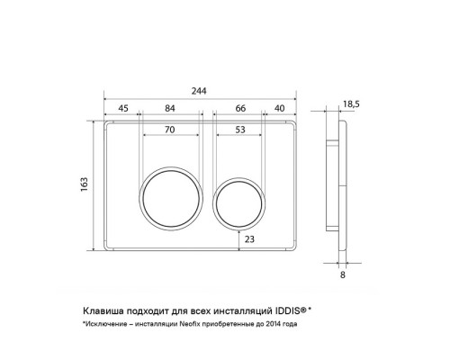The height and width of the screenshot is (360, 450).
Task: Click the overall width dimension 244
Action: pyautogui.click(x=199, y=91)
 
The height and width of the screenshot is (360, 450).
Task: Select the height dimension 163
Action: pyautogui.click(x=85, y=184)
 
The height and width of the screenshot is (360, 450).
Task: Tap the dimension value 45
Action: pyautogui.click(x=123, y=108)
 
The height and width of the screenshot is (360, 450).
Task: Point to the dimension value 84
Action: pyautogui.click(x=170, y=108)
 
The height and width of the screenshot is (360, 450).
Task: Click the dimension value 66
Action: pyautogui.click(x=240, y=108)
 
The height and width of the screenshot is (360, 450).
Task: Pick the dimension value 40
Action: pyautogui.click(x=279, y=108)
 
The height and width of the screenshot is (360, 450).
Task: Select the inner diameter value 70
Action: pyautogui.click(x=169, y=130)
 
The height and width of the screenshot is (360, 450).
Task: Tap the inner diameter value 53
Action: pyautogui.click(x=240, y=130)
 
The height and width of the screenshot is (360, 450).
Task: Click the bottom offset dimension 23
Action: pyautogui.click(x=249, y=239)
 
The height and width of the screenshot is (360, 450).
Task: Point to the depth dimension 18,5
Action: pyautogui.click(x=351, y=104)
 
